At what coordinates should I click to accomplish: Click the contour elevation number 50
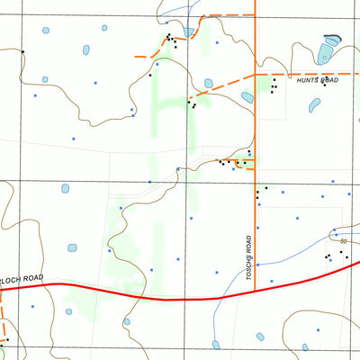(344, 241)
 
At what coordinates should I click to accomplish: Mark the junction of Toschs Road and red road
(255, 290)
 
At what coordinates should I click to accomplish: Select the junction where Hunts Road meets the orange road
(255, 73)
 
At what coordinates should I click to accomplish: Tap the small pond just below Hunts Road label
(314, 105)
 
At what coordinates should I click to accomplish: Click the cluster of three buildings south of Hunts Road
(274, 85)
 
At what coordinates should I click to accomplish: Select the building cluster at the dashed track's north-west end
(169, 40)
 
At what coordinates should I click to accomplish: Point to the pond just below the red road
(127, 320)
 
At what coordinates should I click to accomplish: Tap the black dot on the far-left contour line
(22, 51)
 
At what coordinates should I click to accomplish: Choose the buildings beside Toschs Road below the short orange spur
(260, 190)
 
